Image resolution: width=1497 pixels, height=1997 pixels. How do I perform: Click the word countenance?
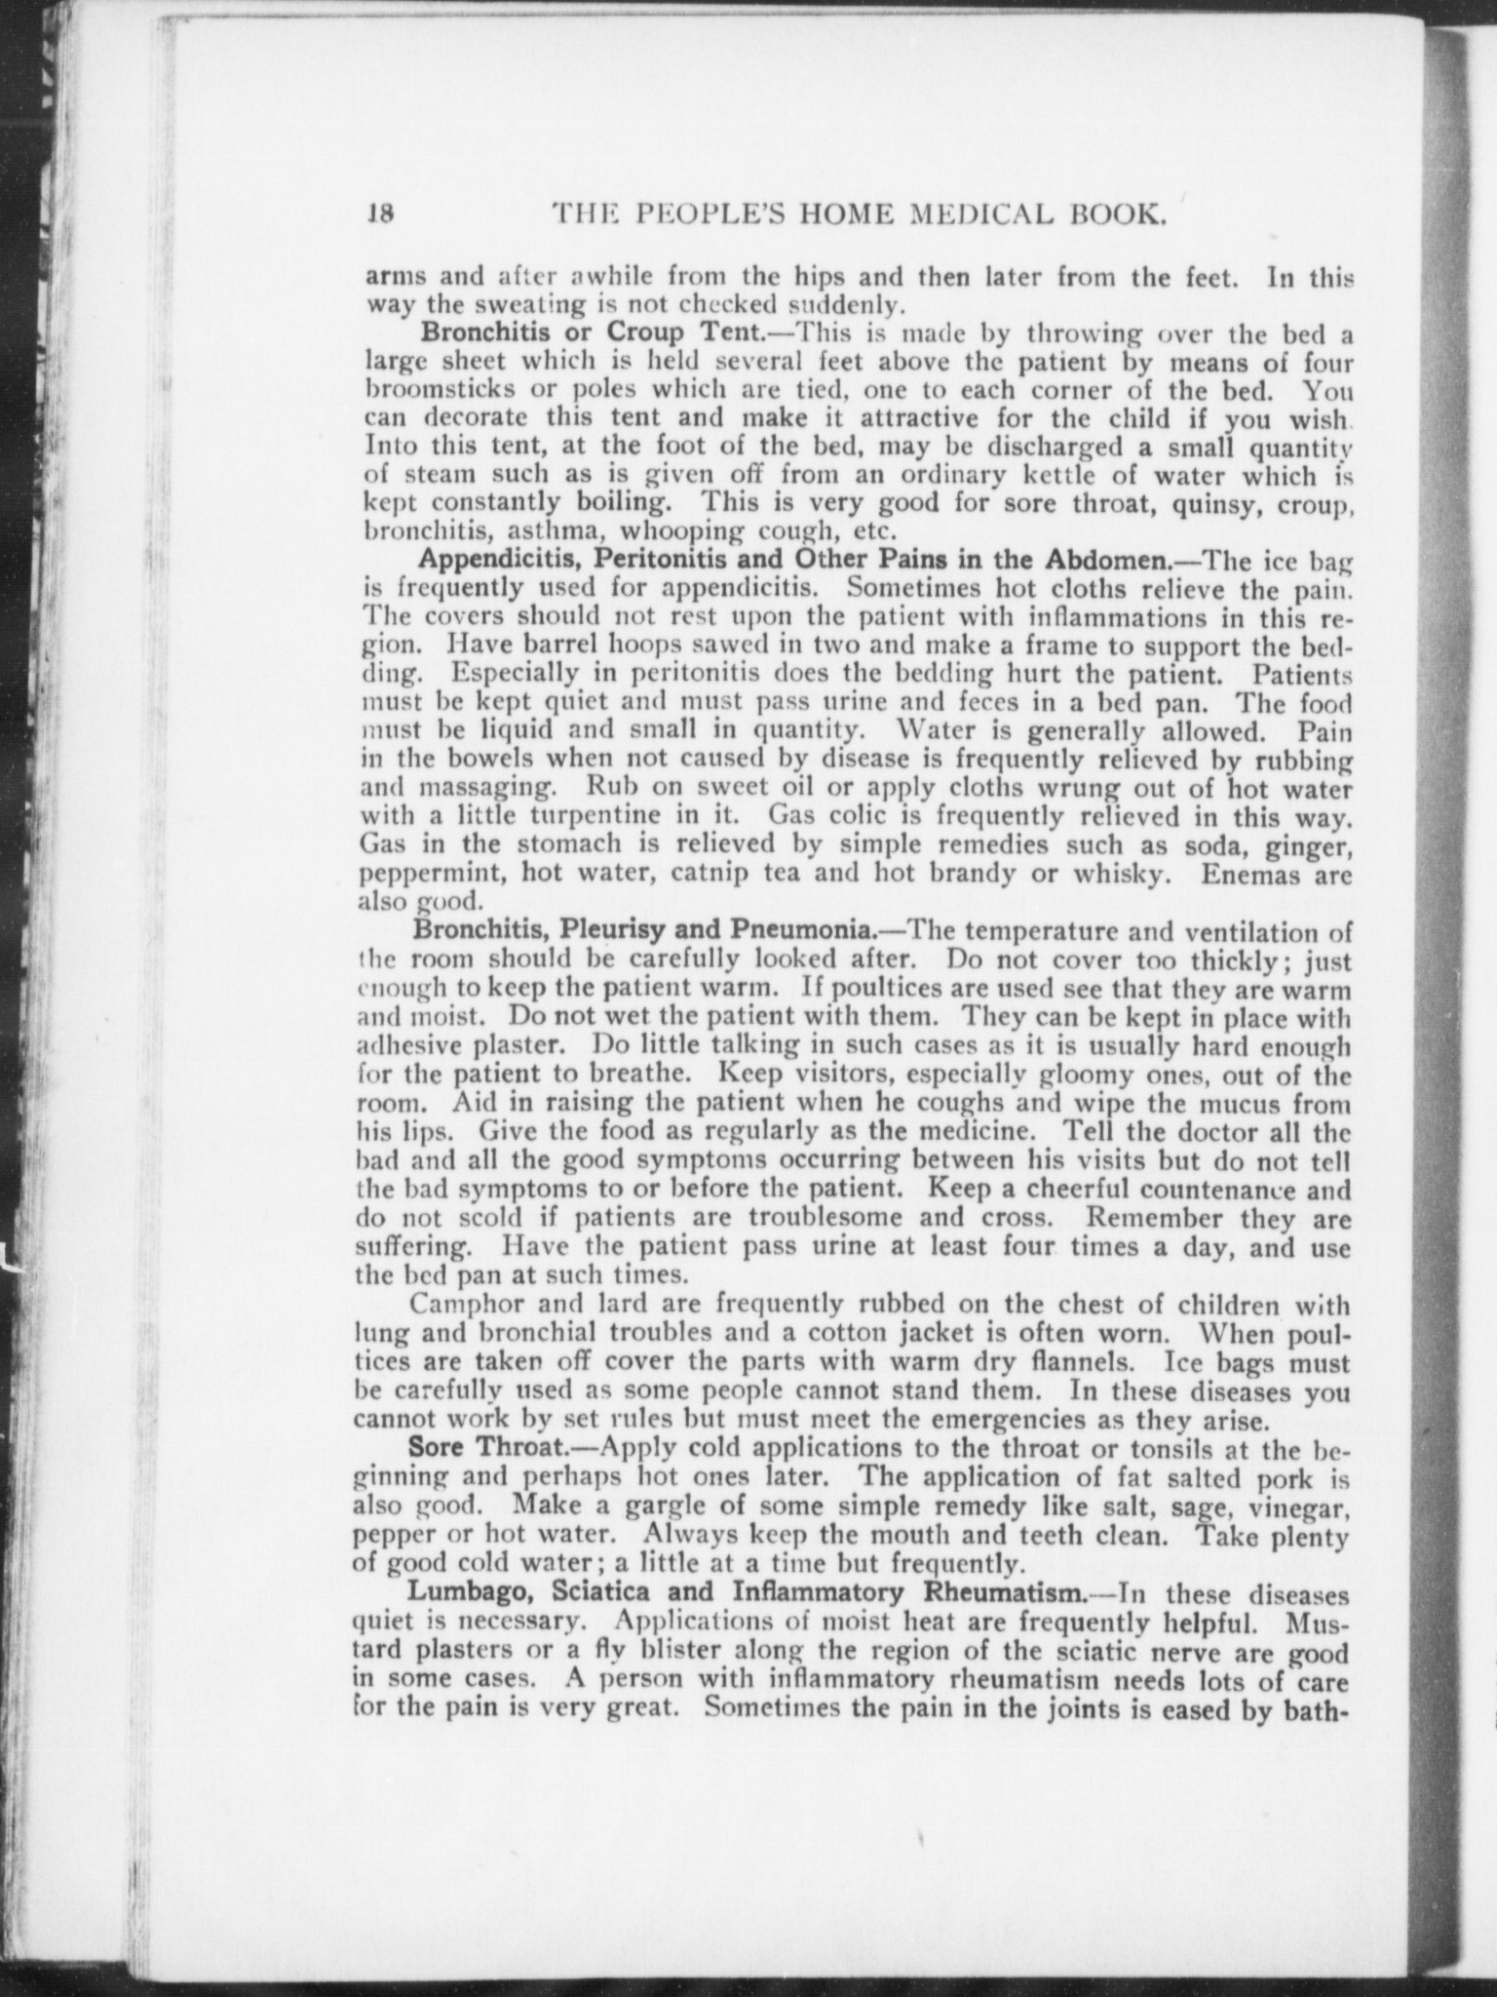click(x=1215, y=1191)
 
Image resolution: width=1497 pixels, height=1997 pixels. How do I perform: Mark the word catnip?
click(x=692, y=873)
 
